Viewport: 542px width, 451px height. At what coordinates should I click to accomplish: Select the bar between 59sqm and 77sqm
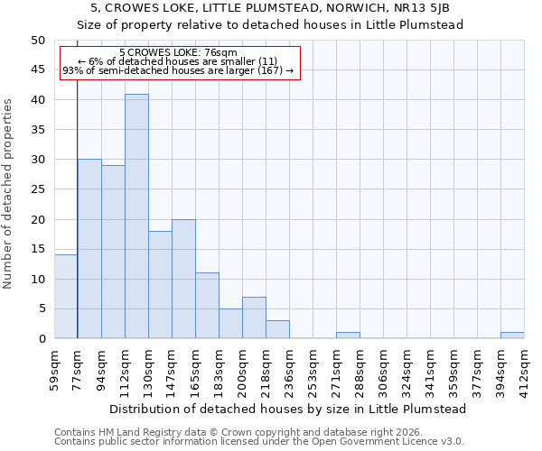(x=66, y=297)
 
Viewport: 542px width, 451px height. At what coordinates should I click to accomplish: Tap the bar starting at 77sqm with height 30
(x=89, y=249)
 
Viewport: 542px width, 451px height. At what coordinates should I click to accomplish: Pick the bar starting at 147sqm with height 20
(x=183, y=279)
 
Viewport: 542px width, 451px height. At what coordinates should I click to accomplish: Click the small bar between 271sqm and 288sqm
(x=348, y=336)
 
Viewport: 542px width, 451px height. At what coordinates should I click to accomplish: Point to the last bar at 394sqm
(x=512, y=336)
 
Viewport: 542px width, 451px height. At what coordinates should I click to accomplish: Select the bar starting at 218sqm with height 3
(x=277, y=329)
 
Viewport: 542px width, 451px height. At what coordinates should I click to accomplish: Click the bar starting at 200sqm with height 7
(x=254, y=318)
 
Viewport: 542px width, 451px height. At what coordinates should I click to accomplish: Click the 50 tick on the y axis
(x=37, y=41)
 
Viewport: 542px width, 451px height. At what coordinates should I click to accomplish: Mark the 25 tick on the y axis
(x=37, y=189)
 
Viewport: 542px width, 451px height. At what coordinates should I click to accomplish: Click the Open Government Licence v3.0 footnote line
(x=259, y=441)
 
